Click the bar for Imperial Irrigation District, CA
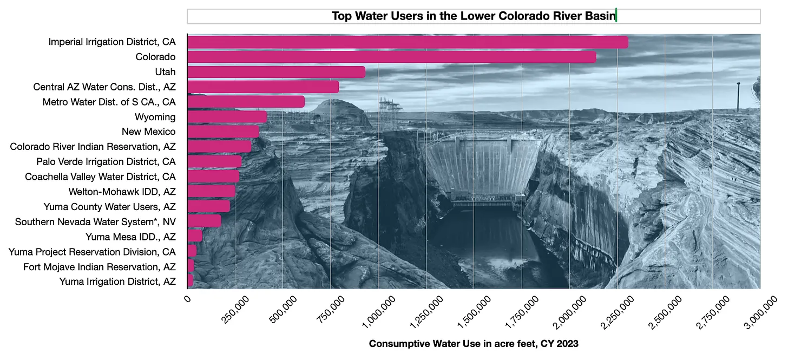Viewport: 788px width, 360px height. pos(408,42)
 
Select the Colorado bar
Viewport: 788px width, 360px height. pos(391,57)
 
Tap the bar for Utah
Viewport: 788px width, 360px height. pos(276,72)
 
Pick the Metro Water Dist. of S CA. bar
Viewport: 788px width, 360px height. pos(246,102)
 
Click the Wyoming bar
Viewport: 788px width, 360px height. pos(227,117)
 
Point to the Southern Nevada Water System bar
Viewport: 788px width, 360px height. pos(204,221)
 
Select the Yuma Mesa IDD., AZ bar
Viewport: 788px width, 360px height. pos(195,236)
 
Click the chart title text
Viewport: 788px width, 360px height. pos(474,16)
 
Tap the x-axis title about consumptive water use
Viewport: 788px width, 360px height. pos(474,344)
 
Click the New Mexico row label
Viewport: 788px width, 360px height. pos(149,132)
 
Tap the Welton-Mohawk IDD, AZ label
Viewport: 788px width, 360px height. pos(122,192)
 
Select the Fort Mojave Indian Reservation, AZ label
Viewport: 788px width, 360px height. pos(100,267)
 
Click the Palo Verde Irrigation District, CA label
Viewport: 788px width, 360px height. pos(106,162)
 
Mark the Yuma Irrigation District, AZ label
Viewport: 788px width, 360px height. pos(117,282)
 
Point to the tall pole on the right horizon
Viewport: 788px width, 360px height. pos(738,96)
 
